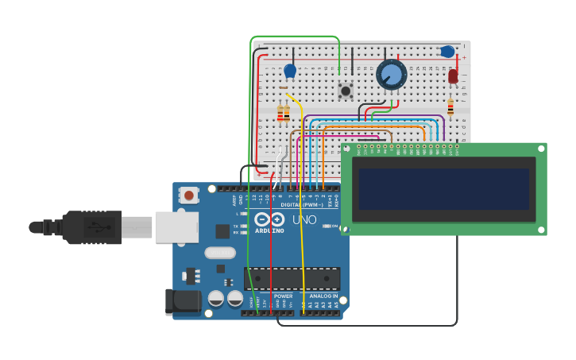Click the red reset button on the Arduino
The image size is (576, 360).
189,195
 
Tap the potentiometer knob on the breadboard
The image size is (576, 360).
392,75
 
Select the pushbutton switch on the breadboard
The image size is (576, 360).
346,91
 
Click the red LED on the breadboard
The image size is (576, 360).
453,76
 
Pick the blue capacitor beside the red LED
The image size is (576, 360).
447,52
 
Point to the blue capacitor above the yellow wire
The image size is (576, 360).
290,71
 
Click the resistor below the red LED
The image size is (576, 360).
450,106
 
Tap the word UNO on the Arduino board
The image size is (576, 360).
304,219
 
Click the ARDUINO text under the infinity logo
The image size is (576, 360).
269,230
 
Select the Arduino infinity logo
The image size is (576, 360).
269,219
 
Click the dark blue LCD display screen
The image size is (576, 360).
443,188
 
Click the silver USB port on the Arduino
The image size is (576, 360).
176,226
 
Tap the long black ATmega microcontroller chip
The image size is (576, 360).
292,278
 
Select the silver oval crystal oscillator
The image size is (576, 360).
220,253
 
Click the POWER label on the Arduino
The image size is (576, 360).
283,296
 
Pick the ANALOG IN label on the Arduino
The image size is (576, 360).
323,296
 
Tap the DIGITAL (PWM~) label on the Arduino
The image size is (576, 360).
302,204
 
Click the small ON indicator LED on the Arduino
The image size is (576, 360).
327,226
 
